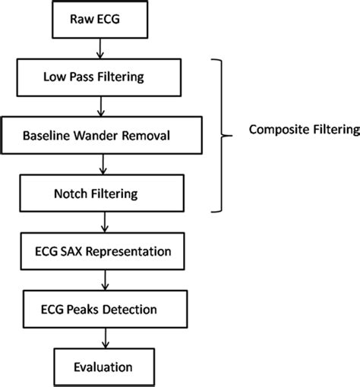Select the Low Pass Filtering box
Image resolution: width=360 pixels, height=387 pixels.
100,78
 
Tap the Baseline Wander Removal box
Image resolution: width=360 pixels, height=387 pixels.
100,136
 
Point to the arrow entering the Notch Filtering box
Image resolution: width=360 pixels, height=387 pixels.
101,165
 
